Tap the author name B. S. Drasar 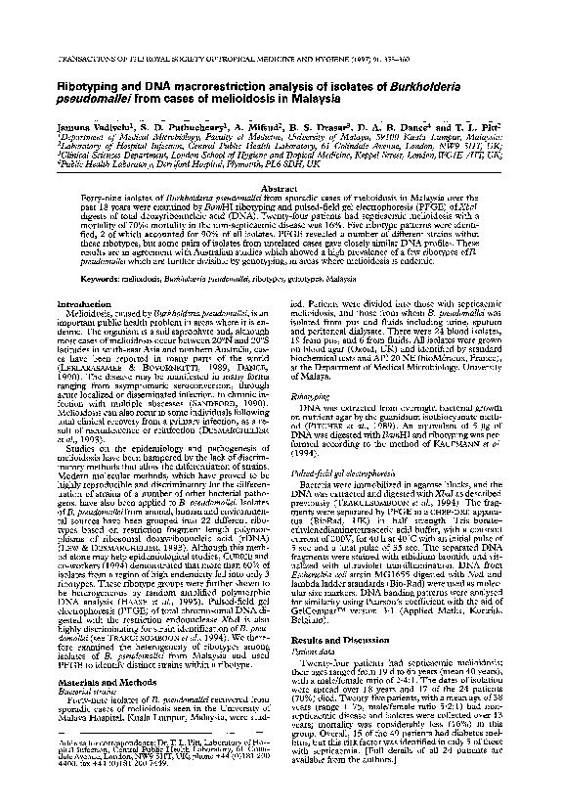[x=339, y=127]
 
